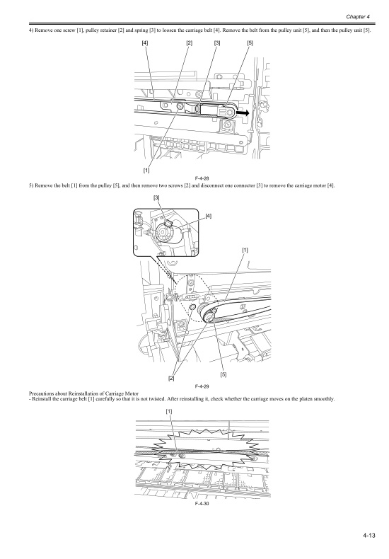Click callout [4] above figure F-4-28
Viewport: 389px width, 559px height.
pos(145,43)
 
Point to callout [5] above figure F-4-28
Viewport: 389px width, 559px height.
pos(251,43)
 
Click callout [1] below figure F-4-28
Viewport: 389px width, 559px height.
pos(146,170)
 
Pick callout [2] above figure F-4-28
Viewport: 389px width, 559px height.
pos(190,43)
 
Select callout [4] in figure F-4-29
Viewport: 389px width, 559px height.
pos(209,215)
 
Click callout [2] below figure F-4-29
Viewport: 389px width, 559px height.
pos(171,379)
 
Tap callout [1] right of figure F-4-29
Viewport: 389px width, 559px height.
pos(245,250)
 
